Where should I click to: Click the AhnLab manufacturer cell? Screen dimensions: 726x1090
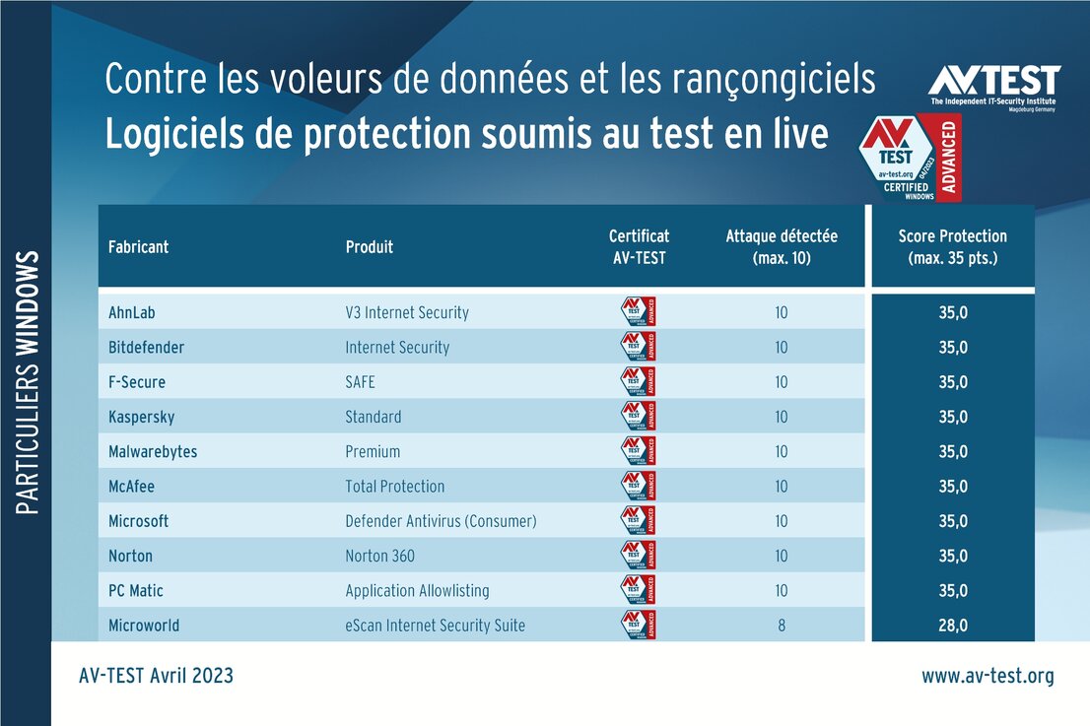pyautogui.click(x=132, y=313)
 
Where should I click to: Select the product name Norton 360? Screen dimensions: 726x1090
pyautogui.click(x=379, y=557)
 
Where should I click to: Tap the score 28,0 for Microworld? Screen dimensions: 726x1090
pyautogui.click(x=952, y=626)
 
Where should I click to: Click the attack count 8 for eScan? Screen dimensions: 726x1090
pyautogui.click(x=782, y=626)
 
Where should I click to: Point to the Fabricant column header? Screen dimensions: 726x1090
pyautogui.click(x=138, y=247)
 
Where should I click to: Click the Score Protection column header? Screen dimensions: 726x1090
pyautogui.click(x=952, y=247)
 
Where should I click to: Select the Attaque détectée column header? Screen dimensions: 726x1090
pyautogui.click(x=782, y=247)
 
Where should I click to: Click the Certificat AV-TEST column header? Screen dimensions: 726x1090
pyautogui.click(x=639, y=247)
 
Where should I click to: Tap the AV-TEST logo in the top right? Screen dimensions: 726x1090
pyautogui.click(x=993, y=87)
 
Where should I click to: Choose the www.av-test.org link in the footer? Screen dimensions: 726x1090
pyautogui.click(x=988, y=676)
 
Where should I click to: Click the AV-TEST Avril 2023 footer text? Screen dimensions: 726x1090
pyautogui.click(x=156, y=676)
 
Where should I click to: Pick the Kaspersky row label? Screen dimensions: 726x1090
pyautogui.click(x=141, y=418)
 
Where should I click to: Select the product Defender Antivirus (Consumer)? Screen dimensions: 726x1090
pyautogui.click(x=441, y=521)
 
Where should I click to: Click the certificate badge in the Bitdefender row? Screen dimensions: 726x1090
pyautogui.click(x=639, y=347)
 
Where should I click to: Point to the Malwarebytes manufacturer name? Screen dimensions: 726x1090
pyautogui.click(x=153, y=452)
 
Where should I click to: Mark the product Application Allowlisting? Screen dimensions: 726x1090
pyautogui.click(x=417, y=591)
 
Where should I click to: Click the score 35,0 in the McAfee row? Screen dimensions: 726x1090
pyautogui.click(x=952, y=487)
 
